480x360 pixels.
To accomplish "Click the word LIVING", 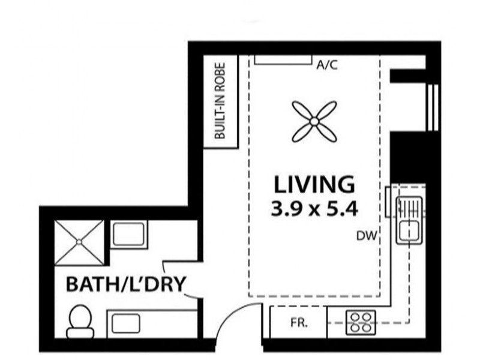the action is click(x=314, y=185).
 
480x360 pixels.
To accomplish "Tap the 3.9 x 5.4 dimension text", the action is click(x=314, y=209).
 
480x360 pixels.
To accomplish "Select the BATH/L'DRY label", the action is click(x=126, y=284).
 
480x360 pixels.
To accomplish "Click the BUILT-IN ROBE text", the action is click(x=220, y=101).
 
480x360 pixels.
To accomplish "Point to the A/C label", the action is click(x=327, y=65).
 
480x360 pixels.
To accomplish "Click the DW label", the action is click(x=366, y=236).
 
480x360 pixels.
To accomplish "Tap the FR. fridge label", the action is click(x=299, y=323).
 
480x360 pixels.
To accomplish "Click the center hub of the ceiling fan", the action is click(x=314, y=122).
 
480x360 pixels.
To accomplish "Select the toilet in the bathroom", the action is click(x=80, y=322).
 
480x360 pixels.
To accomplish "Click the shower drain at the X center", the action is click(x=79, y=242).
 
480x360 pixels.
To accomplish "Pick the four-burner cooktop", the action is click(x=361, y=323).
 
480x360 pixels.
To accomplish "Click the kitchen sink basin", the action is click(x=409, y=230).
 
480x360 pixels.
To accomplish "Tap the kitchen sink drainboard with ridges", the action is click(x=409, y=208).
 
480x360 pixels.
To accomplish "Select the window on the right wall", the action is click(x=433, y=107).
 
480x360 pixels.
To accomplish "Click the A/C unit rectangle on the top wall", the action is click(x=283, y=59).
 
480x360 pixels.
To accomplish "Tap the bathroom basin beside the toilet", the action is click(x=126, y=323).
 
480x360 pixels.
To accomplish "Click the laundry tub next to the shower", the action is click(x=128, y=234).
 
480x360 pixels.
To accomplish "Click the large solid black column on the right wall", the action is click(x=408, y=158).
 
